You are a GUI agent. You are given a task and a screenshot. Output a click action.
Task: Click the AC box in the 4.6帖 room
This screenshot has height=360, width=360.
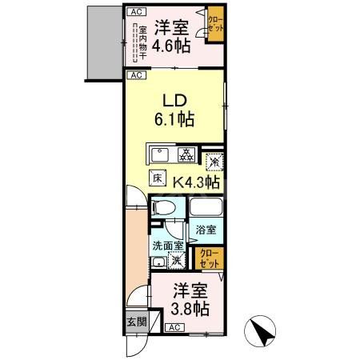point(135,11)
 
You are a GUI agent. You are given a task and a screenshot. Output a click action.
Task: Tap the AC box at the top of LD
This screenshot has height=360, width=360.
point(135,75)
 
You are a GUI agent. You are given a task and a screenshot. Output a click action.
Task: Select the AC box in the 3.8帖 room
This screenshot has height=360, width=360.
point(174,328)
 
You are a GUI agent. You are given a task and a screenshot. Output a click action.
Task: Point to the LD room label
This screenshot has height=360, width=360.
point(176,102)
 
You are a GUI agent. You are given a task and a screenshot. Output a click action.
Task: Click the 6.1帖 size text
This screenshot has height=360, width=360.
point(175,120)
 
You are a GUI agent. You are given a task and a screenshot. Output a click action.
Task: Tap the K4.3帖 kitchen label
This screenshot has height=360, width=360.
point(197,182)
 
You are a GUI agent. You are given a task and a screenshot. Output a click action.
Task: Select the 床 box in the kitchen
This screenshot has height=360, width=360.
point(157,180)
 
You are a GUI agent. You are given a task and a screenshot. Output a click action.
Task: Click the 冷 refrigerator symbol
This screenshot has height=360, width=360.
point(214,161)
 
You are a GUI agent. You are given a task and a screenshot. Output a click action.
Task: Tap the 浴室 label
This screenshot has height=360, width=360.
point(206,230)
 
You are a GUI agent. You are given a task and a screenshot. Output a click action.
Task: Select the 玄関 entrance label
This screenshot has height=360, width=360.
point(135,322)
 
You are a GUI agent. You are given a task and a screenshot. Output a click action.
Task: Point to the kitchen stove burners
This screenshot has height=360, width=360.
point(184,154)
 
